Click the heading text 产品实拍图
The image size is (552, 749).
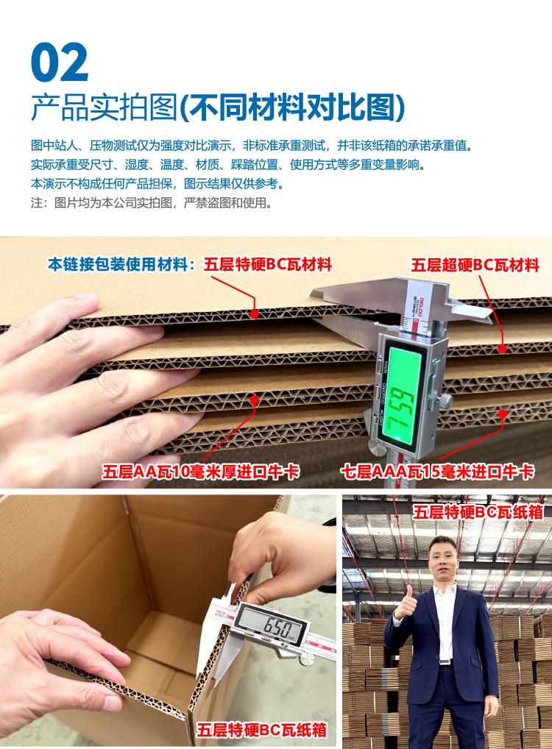tap(103, 108)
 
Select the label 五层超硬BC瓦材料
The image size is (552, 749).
tap(475, 265)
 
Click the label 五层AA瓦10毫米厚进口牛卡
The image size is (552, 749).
tap(201, 472)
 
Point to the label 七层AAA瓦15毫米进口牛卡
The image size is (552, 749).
tap(437, 472)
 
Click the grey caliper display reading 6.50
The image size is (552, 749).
tap(269, 629)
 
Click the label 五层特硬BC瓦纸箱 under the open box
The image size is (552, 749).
tap(261, 731)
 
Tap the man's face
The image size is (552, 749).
tap(443, 564)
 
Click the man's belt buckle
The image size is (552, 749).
tap(444, 661)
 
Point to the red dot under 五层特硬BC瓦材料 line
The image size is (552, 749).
tap(254, 313)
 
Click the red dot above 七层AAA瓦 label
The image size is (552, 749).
tap(503, 414)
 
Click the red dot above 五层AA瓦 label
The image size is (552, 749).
tap(255, 400)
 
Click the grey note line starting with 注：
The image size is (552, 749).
tap(151, 202)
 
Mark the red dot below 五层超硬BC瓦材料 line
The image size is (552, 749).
tap(503, 349)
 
